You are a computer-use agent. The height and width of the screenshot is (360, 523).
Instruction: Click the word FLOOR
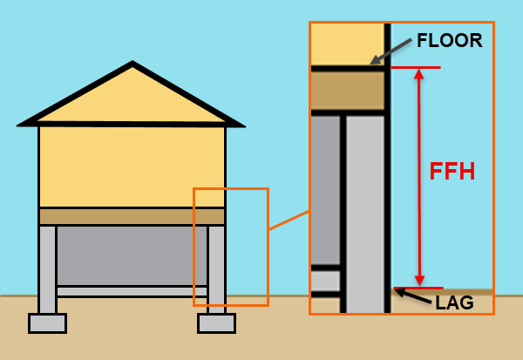coord(449,41)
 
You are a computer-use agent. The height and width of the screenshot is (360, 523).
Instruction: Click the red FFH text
coord(452,172)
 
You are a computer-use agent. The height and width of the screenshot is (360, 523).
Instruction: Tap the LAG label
coord(454,302)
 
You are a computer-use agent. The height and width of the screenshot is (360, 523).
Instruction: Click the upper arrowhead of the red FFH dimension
coord(419,74)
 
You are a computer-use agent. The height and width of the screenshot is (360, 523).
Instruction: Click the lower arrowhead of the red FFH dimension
coord(419,280)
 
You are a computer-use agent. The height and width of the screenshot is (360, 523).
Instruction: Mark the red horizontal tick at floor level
coord(415,67)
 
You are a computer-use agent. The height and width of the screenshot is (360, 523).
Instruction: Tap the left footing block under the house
coord(47,323)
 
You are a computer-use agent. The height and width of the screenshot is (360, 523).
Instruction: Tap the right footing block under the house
coord(216,323)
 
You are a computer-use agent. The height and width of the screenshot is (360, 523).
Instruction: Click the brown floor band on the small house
coord(132,216)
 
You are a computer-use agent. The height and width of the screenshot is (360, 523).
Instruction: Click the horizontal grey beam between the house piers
coord(132,291)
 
